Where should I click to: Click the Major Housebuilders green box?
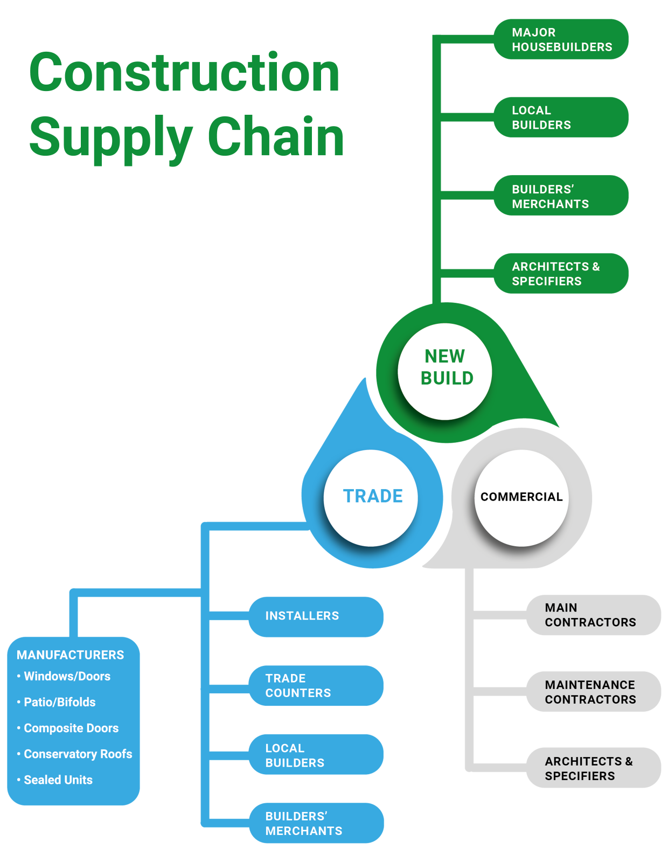561,39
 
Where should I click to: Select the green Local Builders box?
561,117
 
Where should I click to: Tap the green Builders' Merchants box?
561,196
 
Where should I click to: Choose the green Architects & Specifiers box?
561,274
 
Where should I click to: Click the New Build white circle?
445,371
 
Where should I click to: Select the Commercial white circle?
521,497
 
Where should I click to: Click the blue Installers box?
316,616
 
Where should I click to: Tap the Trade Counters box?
316,686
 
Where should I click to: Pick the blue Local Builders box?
316,755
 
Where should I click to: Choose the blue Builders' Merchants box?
316,823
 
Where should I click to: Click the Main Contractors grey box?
593,615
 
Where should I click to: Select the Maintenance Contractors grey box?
593,692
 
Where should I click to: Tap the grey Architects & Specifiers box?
593,768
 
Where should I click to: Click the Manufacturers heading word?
70,655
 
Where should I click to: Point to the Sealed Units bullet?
58,780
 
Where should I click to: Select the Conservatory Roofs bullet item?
78,754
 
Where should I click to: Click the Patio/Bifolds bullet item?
59,703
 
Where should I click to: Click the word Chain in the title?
275,137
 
